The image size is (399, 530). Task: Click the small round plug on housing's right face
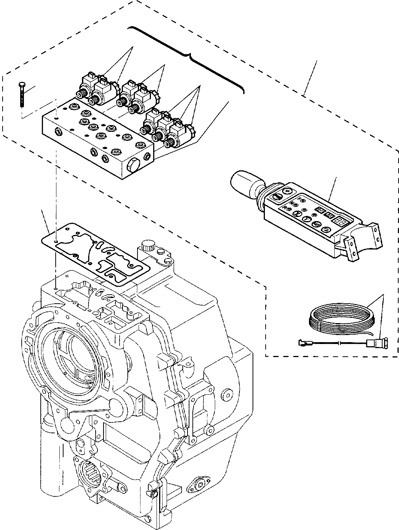[x=225, y=393]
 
